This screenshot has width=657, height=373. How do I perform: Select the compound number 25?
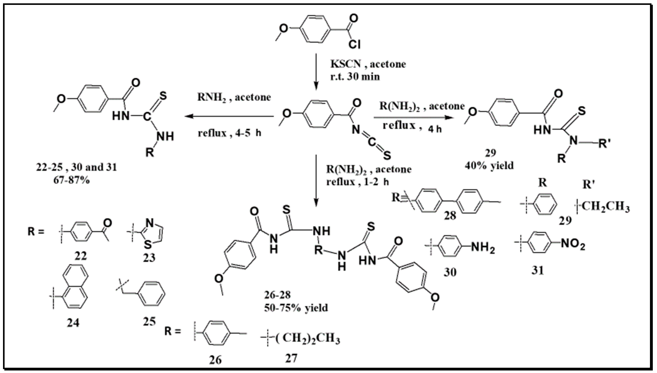149,321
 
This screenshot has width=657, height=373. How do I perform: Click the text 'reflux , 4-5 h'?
229,133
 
